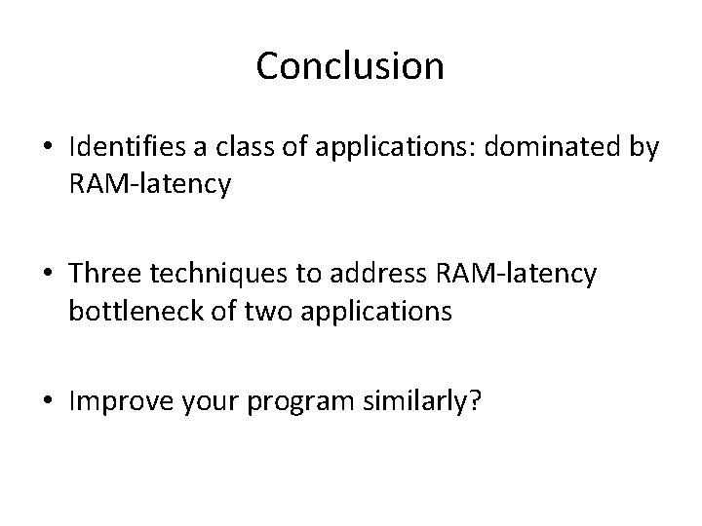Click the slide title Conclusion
point(350,66)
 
